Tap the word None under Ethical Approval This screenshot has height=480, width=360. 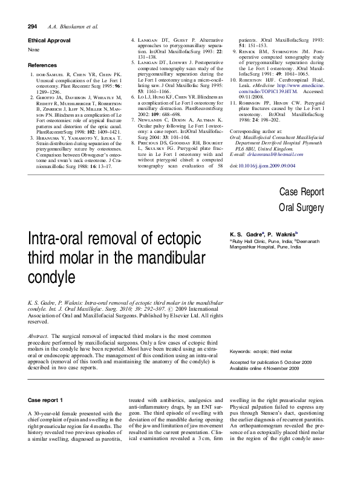click(34, 50)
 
